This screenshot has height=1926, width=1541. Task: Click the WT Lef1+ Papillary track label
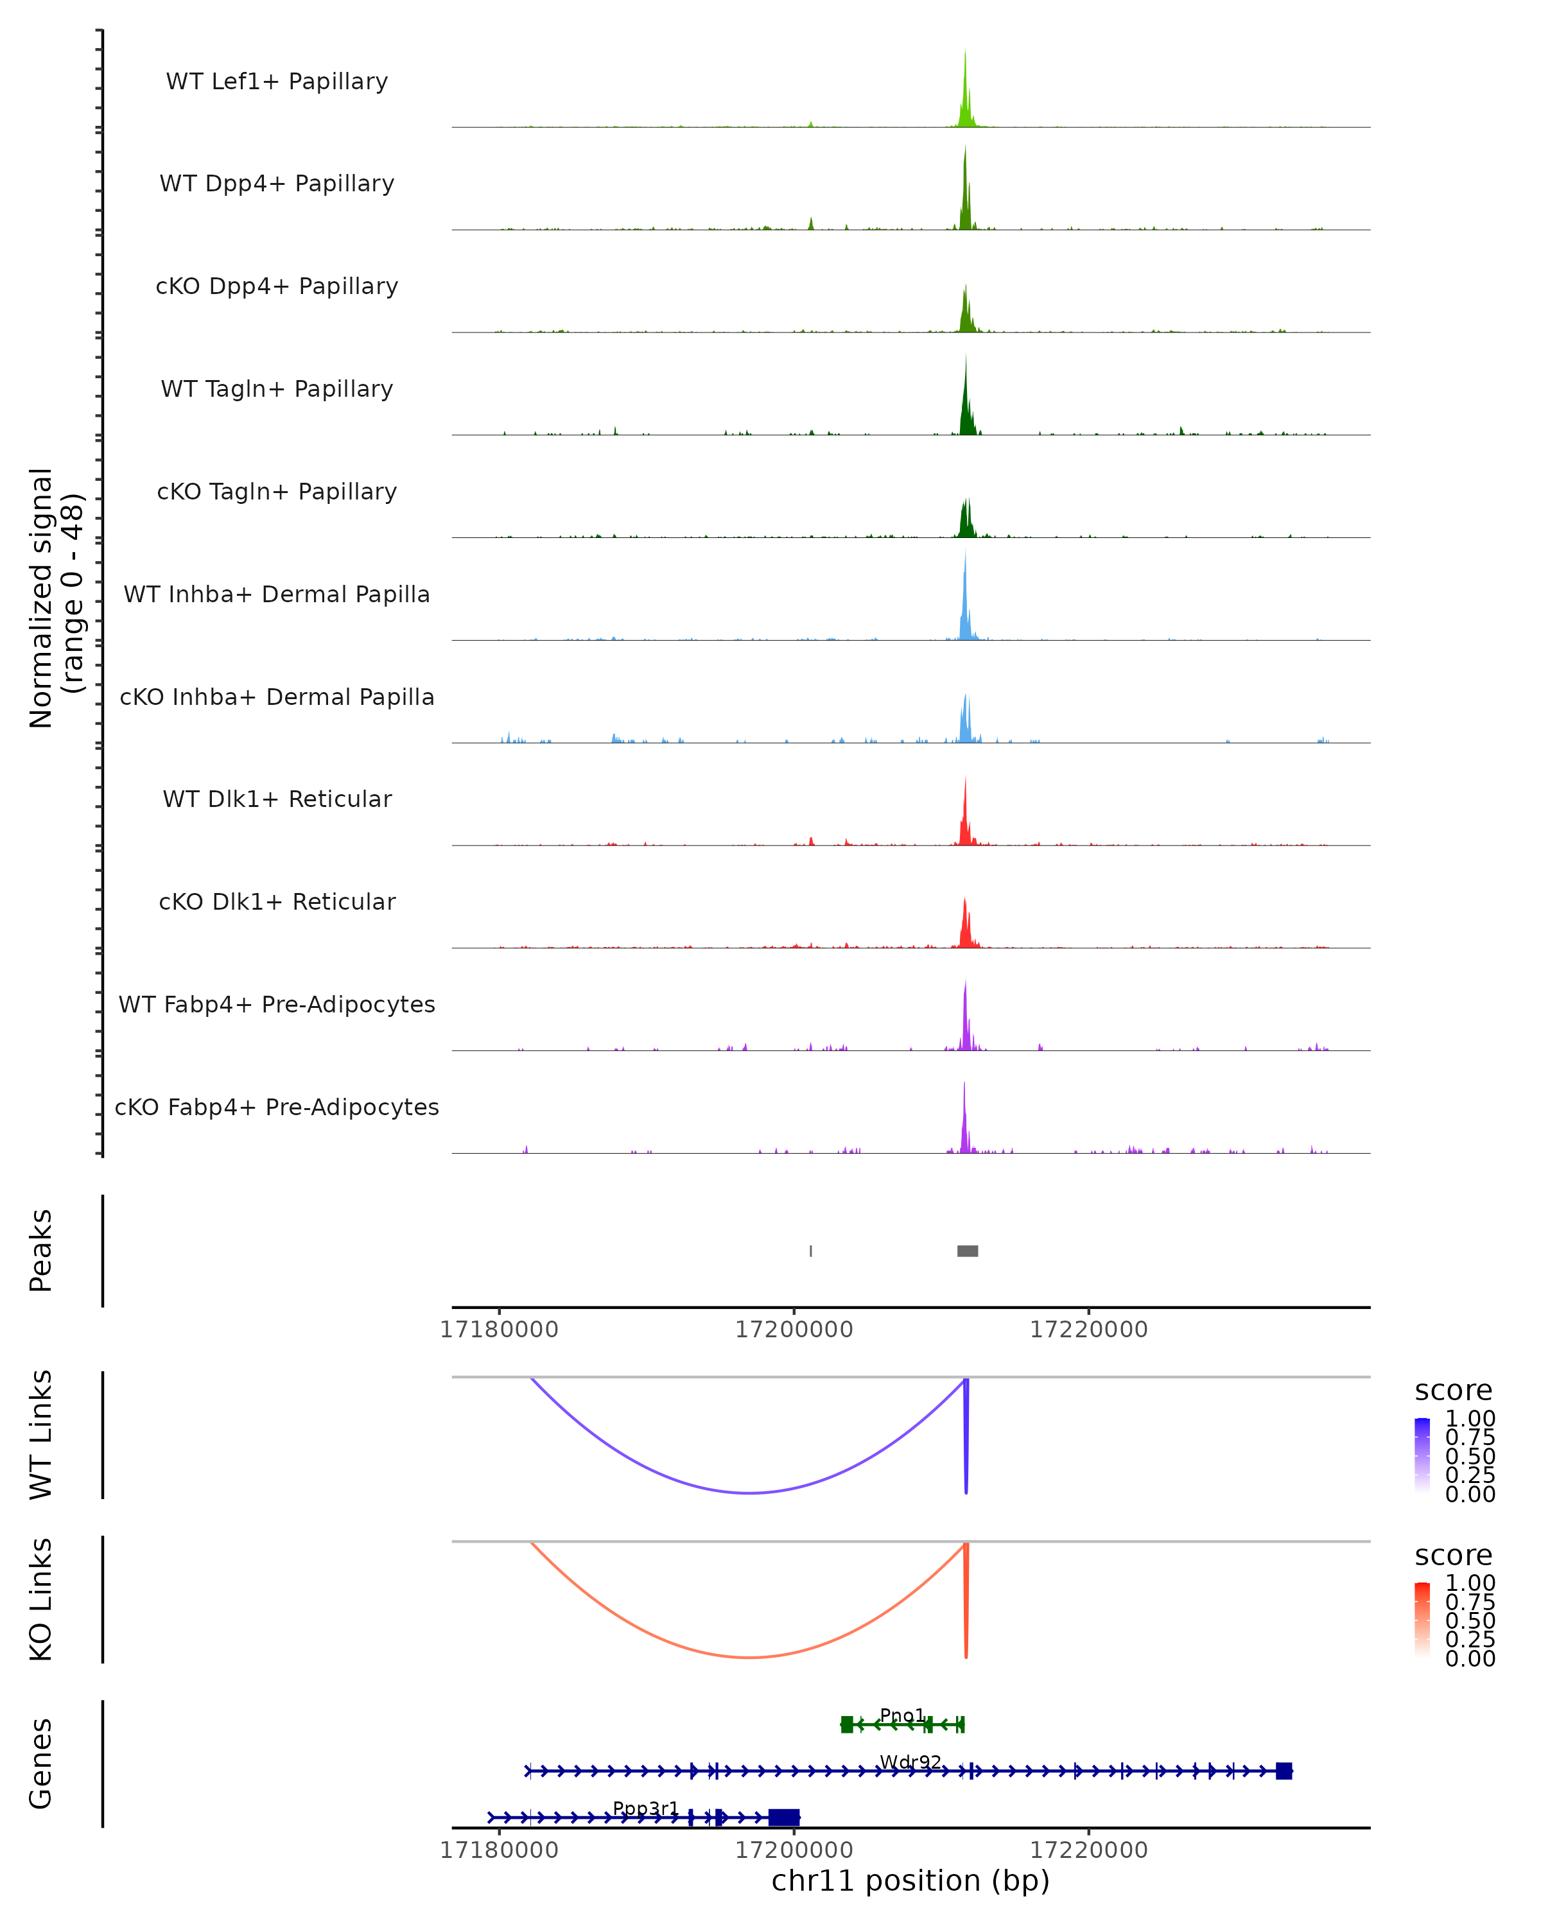277,82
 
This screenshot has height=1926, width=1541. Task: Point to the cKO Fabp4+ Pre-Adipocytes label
277,1107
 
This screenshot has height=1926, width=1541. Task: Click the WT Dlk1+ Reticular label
277,799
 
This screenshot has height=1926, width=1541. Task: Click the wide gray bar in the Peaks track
968,1251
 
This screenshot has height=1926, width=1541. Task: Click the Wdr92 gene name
910,1761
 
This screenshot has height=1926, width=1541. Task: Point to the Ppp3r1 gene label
646,1808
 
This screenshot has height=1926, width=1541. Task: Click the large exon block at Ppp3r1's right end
783,1817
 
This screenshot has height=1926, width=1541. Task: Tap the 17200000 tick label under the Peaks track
794,1330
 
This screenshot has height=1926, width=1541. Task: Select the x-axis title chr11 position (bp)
910,1880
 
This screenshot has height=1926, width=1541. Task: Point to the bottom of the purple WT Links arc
751,1493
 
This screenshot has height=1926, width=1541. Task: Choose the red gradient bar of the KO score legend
1423,1622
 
